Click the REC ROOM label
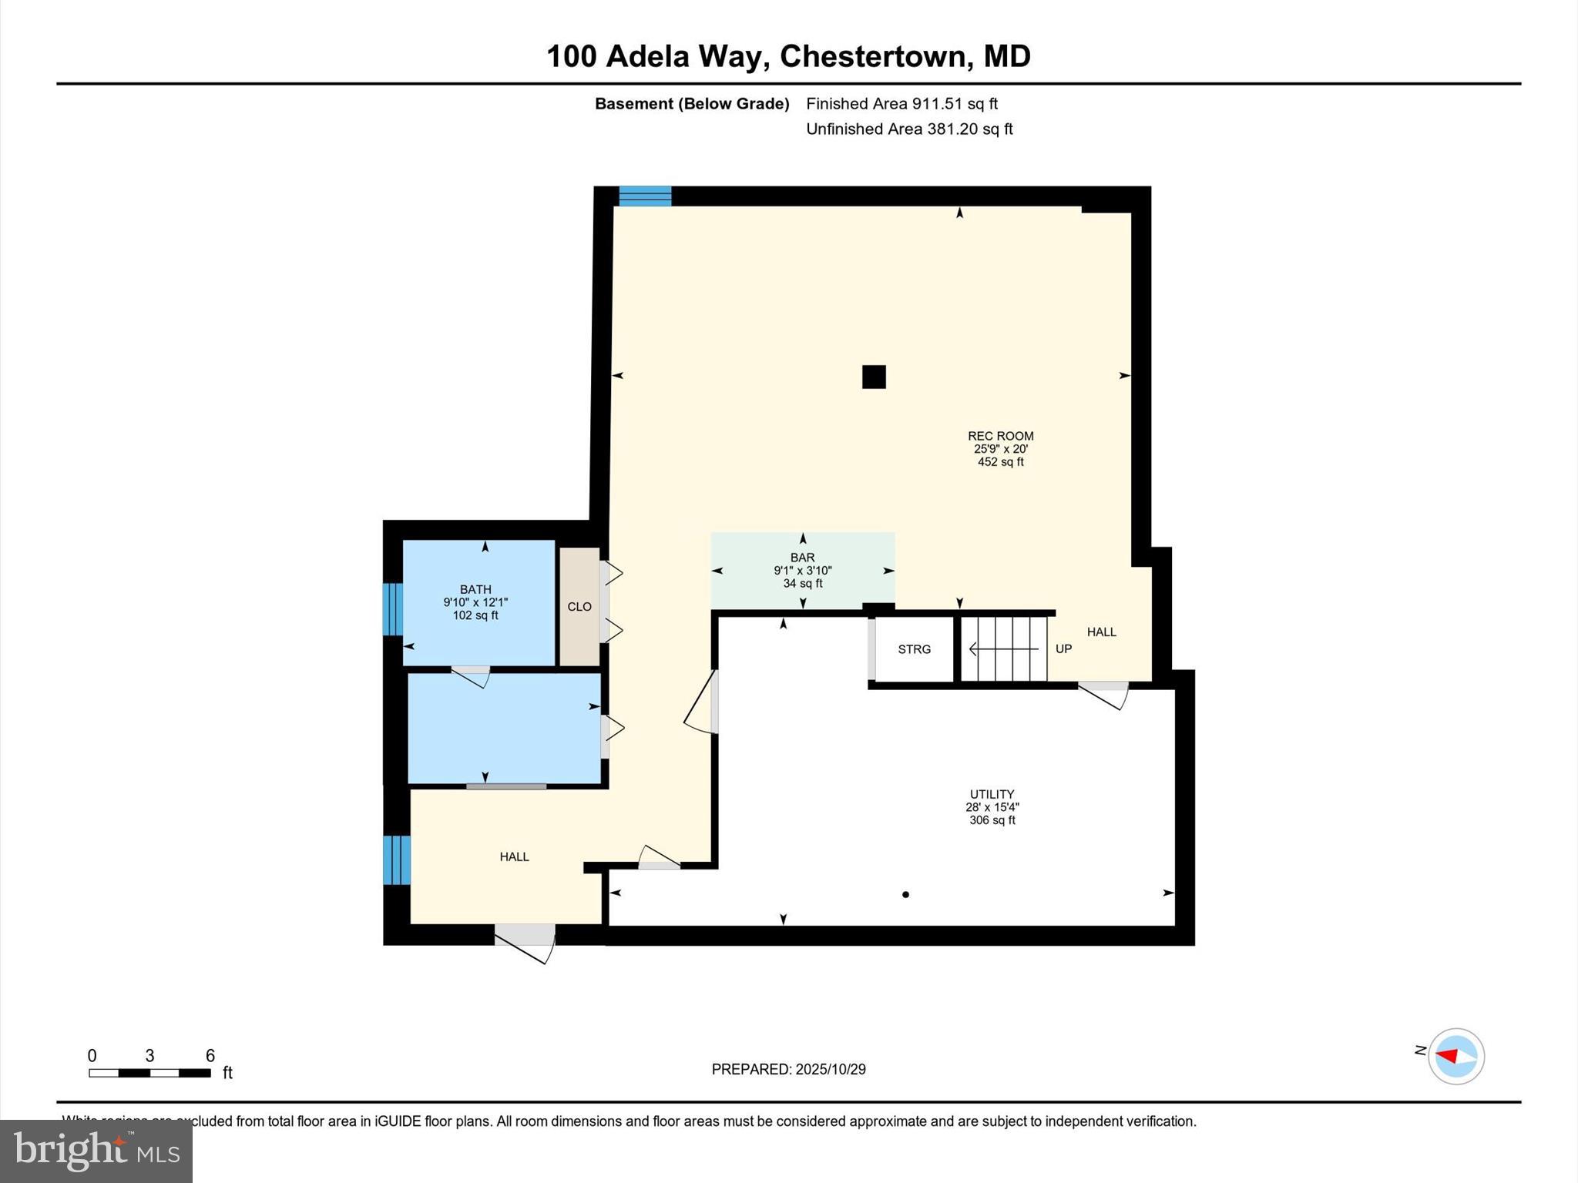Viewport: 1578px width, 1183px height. point(1000,436)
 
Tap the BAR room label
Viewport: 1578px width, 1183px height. point(802,558)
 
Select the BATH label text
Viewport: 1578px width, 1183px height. point(475,589)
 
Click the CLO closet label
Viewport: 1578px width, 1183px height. point(579,607)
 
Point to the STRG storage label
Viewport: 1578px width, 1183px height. point(914,649)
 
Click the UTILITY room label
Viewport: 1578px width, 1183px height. point(992,794)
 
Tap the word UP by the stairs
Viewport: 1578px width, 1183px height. point(1063,649)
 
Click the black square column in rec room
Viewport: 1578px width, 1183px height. point(874,377)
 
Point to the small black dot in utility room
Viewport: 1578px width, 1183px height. point(905,894)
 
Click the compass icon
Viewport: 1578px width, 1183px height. point(1455,1056)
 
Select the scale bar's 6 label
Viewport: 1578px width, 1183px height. point(210,1056)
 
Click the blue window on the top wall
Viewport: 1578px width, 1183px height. point(645,196)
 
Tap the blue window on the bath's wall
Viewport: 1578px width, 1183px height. point(393,608)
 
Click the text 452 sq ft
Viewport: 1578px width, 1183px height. point(1000,462)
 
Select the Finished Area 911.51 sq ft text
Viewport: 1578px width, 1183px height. point(901,104)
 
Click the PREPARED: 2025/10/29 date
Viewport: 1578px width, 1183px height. point(788,1069)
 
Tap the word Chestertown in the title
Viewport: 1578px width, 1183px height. point(873,56)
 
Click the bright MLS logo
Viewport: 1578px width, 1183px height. point(96,1151)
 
